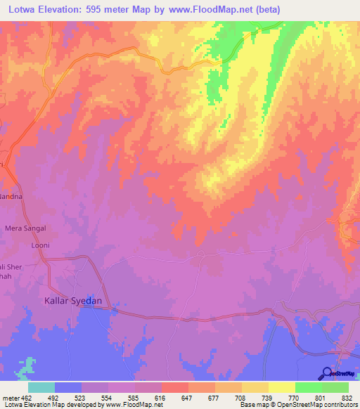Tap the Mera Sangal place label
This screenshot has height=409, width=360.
(26, 228)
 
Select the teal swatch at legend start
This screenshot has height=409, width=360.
(41, 387)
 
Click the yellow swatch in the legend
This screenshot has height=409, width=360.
(281, 387)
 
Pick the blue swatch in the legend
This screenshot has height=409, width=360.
(68, 387)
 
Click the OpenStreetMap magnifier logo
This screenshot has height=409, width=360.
(326, 373)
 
